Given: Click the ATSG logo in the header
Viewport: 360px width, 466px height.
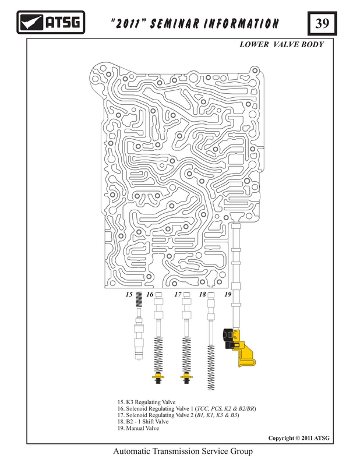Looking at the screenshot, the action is (x=51, y=22).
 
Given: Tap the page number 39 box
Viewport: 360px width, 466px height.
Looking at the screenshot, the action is (x=322, y=23).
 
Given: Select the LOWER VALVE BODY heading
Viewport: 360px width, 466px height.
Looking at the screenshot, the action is (x=281, y=45).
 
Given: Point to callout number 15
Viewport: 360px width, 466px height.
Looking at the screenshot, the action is (x=129, y=294).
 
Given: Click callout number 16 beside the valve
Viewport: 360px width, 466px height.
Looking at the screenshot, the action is (x=150, y=294).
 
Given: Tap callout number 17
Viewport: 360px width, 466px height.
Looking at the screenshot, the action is (x=178, y=294).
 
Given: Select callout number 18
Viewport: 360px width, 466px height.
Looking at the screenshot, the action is (x=203, y=294).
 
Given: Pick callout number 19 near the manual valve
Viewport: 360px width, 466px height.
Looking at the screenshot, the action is (x=228, y=294).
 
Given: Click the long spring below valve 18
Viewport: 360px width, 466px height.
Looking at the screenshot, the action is (x=211, y=368).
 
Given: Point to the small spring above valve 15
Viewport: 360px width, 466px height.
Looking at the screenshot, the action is (x=139, y=299).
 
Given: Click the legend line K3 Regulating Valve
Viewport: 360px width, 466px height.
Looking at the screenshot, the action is (x=146, y=402).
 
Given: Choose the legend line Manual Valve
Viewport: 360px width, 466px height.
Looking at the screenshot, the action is (x=138, y=428).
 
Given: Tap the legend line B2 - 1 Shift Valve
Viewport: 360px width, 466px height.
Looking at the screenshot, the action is (x=143, y=422).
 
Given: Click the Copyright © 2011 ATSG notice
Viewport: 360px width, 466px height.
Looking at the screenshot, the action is (x=299, y=438).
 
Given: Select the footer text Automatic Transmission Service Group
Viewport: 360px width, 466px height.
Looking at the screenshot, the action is (x=183, y=451).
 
